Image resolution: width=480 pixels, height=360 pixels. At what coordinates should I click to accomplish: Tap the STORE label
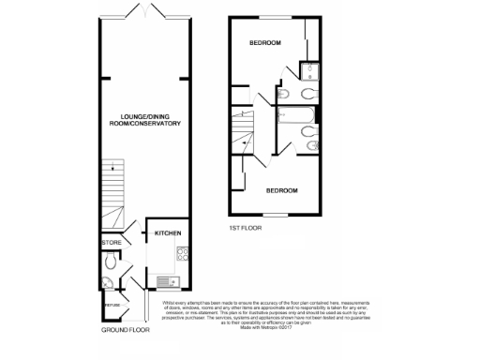coord(112,243)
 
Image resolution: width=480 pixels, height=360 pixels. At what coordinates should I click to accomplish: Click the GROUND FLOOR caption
coord(126,331)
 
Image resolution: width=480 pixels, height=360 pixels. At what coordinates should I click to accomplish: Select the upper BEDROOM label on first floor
coord(265,44)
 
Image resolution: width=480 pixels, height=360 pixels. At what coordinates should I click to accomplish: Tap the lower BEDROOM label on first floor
coord(281,190)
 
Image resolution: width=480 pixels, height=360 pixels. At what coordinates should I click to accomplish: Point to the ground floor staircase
coord(112,192)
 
